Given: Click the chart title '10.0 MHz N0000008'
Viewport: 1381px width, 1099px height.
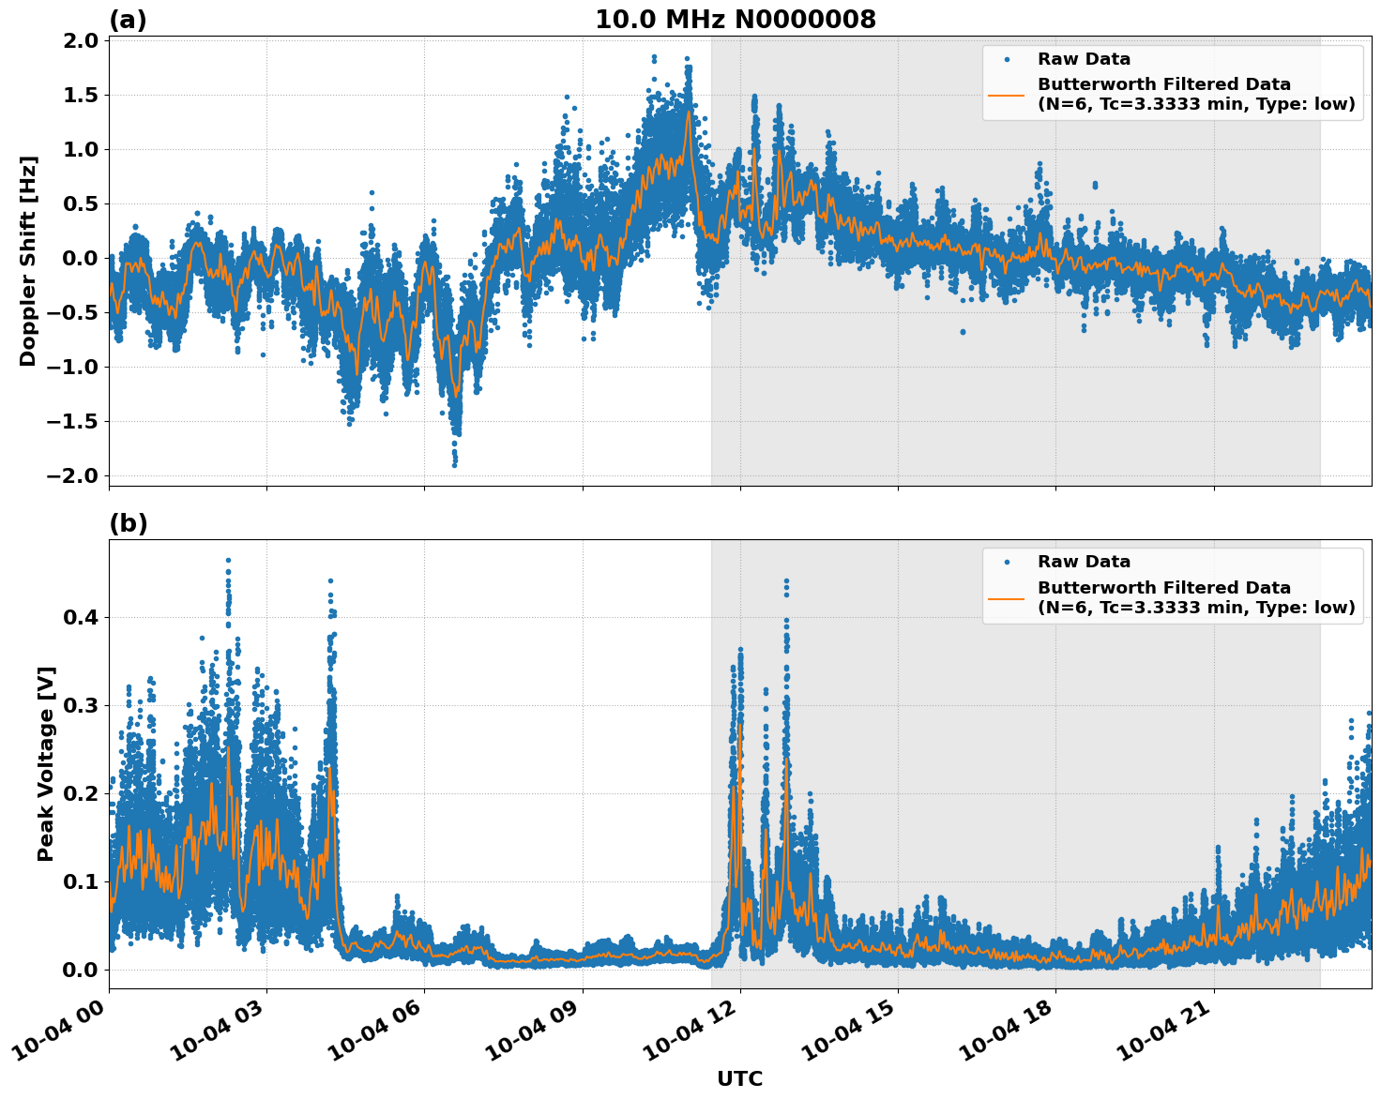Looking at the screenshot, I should tap(735, 20).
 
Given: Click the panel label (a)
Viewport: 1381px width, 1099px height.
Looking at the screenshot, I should tap(128, 20).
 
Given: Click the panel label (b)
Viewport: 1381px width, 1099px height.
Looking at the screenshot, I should tap(128, 523).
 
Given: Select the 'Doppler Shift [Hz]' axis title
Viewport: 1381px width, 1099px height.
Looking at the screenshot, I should tap(28, 261).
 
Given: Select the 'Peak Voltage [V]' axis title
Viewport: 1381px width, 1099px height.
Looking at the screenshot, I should tap(45, 763).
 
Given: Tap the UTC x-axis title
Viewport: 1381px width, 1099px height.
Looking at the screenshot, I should tap(739, 1078).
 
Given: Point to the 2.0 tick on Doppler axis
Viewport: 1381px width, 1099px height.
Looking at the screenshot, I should tap(79, 40).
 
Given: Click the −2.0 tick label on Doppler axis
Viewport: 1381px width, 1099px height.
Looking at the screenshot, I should tap(71, 475).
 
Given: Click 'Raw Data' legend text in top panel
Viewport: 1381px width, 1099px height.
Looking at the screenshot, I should tap(1084, 59).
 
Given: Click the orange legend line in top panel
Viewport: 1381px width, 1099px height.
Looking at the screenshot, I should tap(1007, 94).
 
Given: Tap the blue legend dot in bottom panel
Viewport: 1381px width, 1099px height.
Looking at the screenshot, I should tap(1007, 562).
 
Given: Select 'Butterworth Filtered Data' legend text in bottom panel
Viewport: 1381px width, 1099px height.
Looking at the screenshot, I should tap(1163, 588).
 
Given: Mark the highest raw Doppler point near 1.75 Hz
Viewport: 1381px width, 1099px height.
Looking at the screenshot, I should tap(689, 68).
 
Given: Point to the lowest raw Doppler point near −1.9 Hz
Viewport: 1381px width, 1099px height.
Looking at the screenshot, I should tap(454, 464).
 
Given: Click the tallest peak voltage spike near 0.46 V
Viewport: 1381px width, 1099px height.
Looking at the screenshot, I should tap(228, 561).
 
